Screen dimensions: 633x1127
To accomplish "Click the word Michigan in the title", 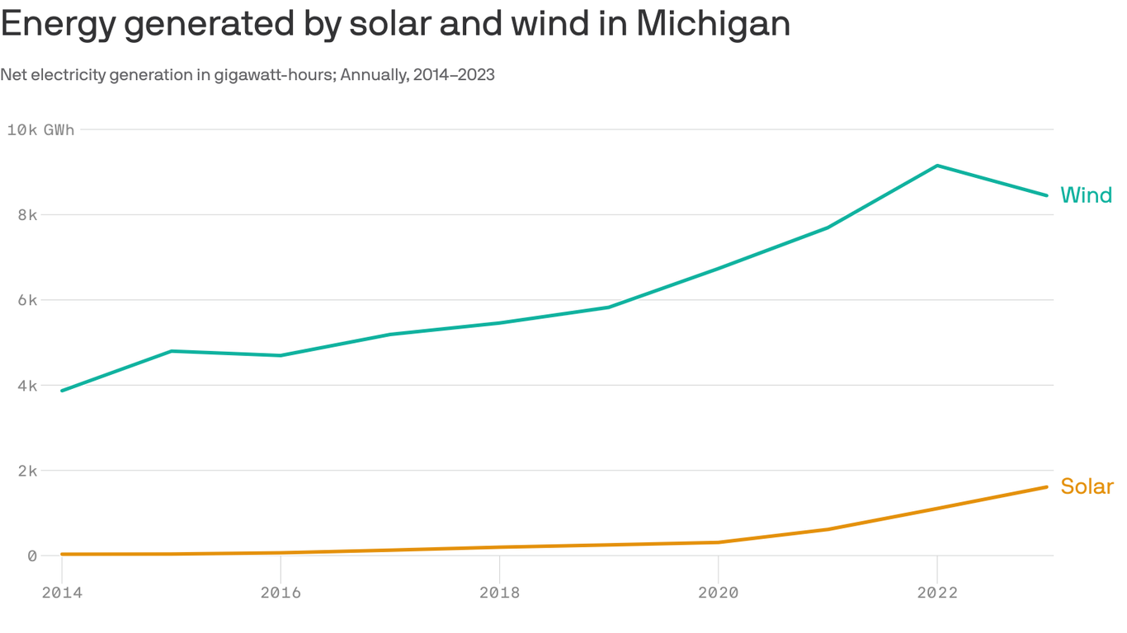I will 713,25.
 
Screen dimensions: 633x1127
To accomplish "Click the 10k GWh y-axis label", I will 40,129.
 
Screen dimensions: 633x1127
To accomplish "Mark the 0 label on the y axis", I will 31,556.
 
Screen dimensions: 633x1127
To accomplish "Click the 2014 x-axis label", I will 61,593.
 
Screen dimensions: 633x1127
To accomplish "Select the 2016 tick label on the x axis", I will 281,593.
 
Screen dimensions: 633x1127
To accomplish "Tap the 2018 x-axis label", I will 499,593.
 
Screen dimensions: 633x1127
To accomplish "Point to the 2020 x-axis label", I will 718,593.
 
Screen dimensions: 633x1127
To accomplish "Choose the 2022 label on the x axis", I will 937,593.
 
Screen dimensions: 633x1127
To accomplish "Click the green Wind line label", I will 1086,195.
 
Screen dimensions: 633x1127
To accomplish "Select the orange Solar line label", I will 1087,486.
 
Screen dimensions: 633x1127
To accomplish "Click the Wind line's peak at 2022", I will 937,166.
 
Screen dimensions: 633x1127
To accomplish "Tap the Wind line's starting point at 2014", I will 62,391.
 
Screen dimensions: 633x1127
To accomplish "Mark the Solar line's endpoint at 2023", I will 1046,487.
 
